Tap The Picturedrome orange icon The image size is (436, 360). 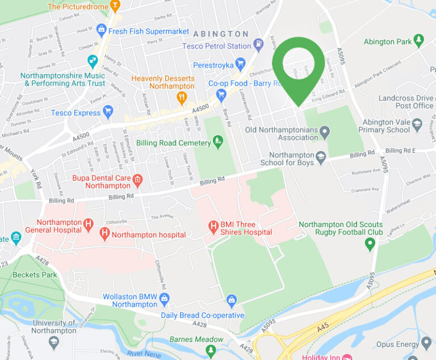coord(115,6)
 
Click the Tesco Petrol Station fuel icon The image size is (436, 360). coord(259,43)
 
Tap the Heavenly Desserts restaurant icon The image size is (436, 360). coord(182,98)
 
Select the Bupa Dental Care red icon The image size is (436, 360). coord(137,181)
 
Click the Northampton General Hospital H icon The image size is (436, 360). coord(88,225)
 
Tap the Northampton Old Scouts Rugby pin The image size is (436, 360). coord(370,244)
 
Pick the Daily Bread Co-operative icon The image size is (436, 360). coord(231,300)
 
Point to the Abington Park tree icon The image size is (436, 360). coord(419,40)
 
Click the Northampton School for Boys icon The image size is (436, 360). coord(321,157)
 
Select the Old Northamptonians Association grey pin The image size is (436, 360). coord(325,132)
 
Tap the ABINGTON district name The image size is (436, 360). coord(220,34)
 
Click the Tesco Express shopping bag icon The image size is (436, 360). coord(108,111)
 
